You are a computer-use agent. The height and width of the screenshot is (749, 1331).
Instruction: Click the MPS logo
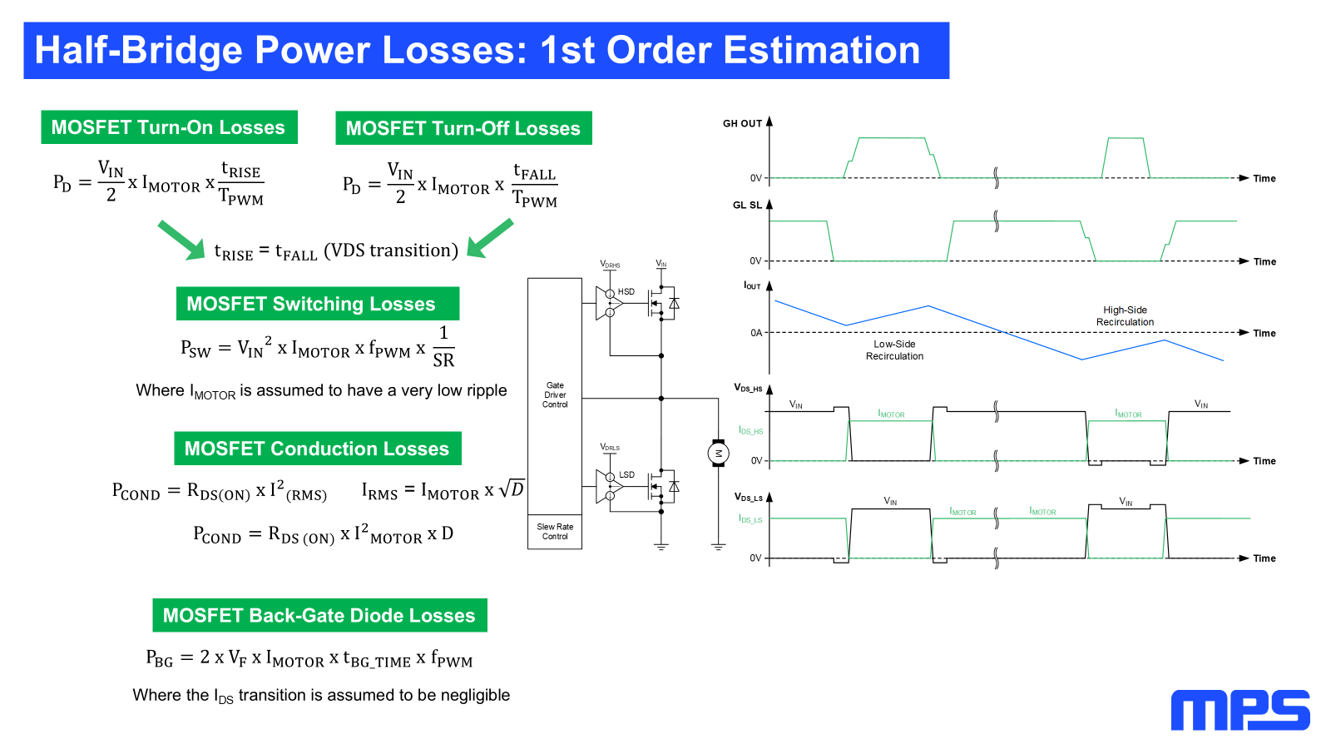point(1240,710)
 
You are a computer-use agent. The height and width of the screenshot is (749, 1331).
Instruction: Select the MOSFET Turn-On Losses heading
point(169,127)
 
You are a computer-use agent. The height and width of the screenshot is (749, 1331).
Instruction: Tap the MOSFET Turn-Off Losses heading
point(463,128)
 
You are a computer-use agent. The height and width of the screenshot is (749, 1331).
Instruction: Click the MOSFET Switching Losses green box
point(317,304)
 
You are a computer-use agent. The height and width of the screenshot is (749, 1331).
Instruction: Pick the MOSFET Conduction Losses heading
point(317,449)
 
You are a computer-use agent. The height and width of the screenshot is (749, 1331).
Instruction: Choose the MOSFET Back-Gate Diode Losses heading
point(319,615)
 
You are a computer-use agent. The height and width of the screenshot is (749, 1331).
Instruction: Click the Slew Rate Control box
point(554,532)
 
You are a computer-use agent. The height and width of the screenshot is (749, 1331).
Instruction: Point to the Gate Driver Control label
point(555,394)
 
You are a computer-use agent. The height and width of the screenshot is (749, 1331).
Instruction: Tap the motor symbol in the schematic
point(719,454)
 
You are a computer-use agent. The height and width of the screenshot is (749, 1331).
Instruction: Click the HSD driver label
point(626,292)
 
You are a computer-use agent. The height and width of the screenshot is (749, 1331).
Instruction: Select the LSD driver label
point(627,475)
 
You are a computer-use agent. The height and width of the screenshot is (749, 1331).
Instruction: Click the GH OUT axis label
point(742,124)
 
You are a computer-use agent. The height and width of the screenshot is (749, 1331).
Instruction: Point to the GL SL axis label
point(747,205)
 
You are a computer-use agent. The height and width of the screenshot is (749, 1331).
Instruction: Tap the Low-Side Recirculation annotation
point(894,350)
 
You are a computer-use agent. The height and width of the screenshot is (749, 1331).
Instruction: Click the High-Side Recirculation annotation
point(1125,316)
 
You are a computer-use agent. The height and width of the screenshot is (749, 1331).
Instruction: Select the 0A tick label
point(756,333)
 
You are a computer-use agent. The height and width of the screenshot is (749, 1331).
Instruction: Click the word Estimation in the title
point(822,50)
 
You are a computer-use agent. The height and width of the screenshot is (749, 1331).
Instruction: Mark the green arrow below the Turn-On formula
point(182,241)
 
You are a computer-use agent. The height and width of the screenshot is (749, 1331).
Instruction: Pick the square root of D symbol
point(512,489)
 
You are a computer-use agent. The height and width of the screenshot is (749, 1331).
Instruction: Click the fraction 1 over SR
point(443,346)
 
